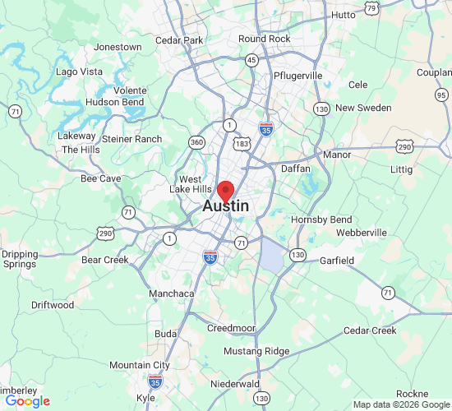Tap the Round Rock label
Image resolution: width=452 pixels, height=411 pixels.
tap(265, 39)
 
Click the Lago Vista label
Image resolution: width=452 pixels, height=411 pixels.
tap(79, 72)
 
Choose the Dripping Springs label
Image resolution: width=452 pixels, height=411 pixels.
tap(19, 259)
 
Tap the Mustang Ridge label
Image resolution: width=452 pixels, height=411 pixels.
tap(257, 351)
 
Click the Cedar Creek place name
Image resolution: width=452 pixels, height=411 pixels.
tap(370, 330)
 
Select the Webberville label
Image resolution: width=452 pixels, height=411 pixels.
tap(362, 233)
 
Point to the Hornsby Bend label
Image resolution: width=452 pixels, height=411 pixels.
tap(322, 219)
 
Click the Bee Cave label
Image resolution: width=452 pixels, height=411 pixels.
tap(101, 178)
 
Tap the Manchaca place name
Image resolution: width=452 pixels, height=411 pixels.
tap(172, 293)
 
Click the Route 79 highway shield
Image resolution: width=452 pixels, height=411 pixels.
tap(372, 9)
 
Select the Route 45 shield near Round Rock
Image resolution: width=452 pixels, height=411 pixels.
tap(252, 60)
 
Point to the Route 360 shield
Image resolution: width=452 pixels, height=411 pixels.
tap(197, 142)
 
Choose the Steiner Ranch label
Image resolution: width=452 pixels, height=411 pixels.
tap(131, 139)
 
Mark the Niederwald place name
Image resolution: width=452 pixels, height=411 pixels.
tap(235, 383)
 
